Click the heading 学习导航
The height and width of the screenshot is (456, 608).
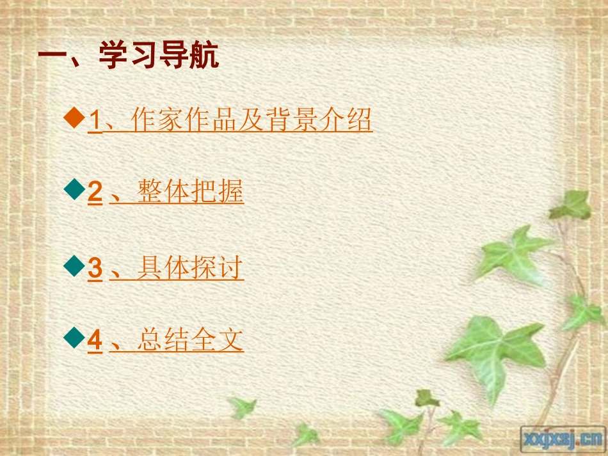tap(159, 57)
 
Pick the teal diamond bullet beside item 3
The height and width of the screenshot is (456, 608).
tap(76, 264)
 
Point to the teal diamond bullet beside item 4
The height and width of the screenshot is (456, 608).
tap(76, 336)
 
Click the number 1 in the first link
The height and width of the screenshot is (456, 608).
tap(94, 120)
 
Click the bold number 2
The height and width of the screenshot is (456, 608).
tap(95, 193)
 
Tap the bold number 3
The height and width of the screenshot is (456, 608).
tap(95, 268)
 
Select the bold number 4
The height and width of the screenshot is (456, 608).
tap(95, 340)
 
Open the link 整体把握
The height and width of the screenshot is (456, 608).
tap(190, 193)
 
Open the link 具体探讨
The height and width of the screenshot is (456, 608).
tap(190, 268)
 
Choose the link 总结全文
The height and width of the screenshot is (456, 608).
tap(190, 340)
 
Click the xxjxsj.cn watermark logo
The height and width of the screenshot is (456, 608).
tap(563, 439)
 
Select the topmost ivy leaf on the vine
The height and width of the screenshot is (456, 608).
tap(572, 205)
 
